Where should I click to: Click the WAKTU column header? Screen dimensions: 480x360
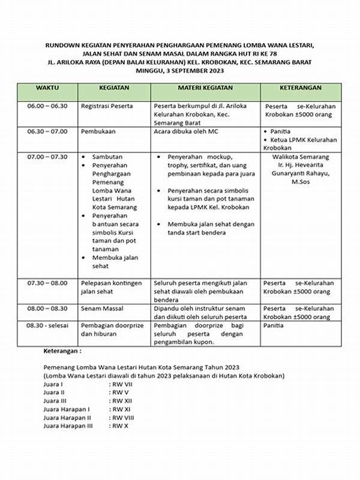[x=47, y=88]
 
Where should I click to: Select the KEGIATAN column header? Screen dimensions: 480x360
[x=113, y=88]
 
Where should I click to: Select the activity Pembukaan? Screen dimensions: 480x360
[x=98, y=131]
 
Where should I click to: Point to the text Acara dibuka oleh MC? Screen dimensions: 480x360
[x=188, y=131]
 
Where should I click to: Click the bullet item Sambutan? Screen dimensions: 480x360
[x=107, y=157]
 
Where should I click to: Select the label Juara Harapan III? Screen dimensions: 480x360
[x=68, y=425]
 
